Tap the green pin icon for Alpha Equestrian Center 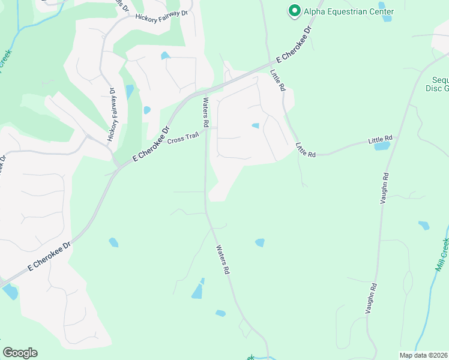(x=294, y=11)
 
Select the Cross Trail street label (x=183, y=139)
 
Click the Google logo (x=20, y=353)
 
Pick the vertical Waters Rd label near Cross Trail (x=205, y=112)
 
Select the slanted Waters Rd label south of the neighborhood (x=223, y=259)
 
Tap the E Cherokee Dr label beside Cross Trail (x=152, y=143)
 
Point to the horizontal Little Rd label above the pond (x=379, y=140)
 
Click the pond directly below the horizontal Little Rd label (x=382, y=146)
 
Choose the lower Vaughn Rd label (x=372, y=298)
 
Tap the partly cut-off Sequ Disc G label (x=437, y=84)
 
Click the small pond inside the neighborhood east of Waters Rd (x=255, y=125)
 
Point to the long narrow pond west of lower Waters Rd (x=197, y=291)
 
